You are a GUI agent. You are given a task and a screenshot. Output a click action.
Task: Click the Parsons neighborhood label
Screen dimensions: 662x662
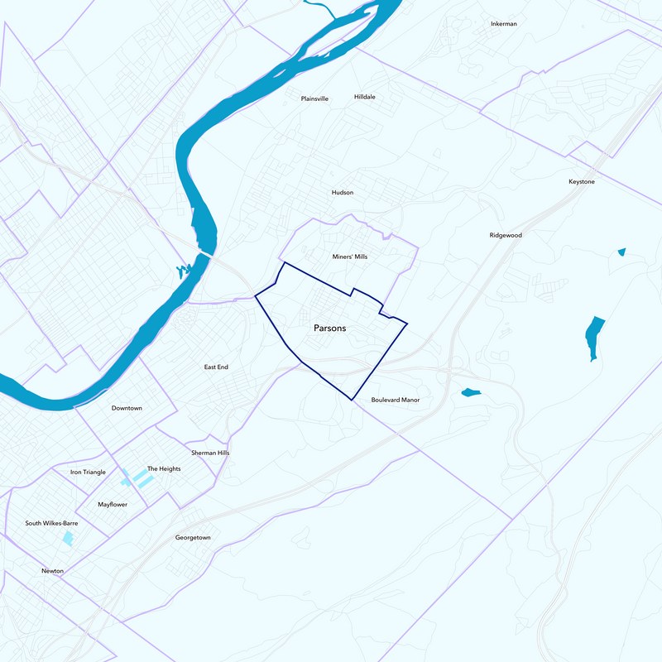pos(329,329)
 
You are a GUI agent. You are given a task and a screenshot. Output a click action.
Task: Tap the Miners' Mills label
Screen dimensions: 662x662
pos(349,257)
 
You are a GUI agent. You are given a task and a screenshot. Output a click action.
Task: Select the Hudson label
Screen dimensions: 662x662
pos(342,192)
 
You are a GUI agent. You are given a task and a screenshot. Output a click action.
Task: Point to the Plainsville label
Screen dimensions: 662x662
pos(314,98)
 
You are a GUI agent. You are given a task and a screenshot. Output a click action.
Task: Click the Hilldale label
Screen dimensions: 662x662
pos(364,97)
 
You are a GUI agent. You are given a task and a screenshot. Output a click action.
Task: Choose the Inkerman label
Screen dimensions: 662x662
pos(503,24)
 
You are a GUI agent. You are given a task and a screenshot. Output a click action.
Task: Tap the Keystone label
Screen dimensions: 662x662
pos(581,181)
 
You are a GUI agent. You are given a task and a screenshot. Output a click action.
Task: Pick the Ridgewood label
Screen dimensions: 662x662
pos(506,235)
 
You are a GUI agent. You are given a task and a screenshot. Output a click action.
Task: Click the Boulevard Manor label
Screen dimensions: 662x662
pos(395,400)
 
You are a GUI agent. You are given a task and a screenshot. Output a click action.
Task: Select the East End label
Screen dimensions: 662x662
pos(216,367)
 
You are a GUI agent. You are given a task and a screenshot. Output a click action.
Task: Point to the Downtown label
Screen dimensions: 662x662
pos(127,408)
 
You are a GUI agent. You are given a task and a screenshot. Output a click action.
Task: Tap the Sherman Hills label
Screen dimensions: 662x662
pos(209,453)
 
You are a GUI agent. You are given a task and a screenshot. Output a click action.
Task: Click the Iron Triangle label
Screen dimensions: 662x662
pos(88,472)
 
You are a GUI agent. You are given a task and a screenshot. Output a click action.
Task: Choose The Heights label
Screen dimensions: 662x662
pos(164,468)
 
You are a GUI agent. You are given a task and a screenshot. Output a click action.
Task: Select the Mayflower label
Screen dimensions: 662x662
pos(113,504)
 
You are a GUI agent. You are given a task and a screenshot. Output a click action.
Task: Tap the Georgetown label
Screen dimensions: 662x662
pos(193,537)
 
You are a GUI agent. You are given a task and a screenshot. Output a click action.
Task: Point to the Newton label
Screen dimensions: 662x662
pos(53,571)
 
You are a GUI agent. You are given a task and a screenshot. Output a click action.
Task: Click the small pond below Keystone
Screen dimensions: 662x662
pos(621,252)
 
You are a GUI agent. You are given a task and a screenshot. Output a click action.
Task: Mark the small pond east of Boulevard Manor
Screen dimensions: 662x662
pos(470,392)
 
